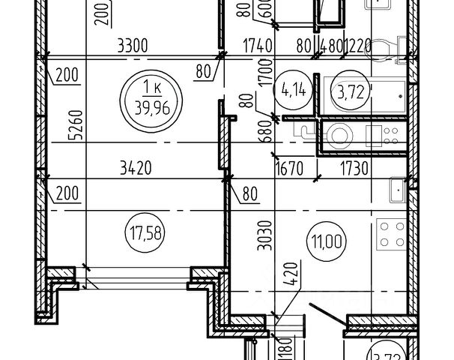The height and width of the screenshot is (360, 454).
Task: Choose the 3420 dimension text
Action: pos(135,169)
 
